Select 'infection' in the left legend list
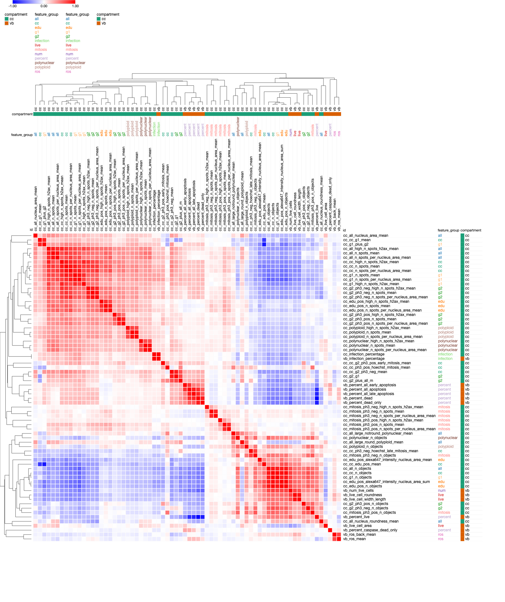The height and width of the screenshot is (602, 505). tap(42, 41)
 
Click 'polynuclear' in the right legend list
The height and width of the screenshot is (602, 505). tap(75, 63)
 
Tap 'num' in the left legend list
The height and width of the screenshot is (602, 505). tap(38, 54)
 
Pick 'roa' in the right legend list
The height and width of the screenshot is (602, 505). tap(68, 72)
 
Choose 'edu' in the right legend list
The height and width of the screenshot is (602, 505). tap(69, 28)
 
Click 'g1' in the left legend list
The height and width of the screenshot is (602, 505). tap(37, 32)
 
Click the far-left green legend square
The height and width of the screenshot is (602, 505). tap(7, 19)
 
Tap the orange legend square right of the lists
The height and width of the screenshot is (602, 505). tap(99, 23)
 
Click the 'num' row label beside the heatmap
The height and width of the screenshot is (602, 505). tap(442, 491)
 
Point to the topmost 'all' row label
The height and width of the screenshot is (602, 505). tap(440, 236)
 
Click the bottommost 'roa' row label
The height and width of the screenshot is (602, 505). tap(441, 539)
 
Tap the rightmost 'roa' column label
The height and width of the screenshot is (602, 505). tap(339, 133)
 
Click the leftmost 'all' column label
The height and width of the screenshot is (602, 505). tap(35, 134)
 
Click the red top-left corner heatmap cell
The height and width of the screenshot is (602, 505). tap(35, 236)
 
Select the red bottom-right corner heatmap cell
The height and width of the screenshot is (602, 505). tap(339, 539)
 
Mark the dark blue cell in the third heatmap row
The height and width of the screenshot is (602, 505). tap(264, 244)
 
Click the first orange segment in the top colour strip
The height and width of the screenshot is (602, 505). tap(159, 114)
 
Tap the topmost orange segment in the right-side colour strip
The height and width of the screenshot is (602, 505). tap(462, 359)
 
